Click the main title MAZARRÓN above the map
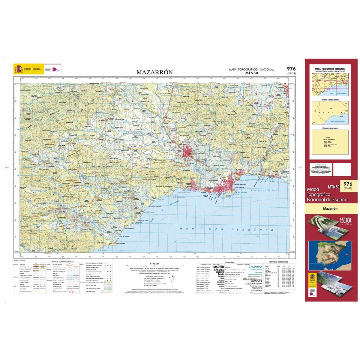tap(154, 72)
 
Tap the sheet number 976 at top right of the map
tap(291, 69)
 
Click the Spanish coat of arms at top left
tap(18, 70)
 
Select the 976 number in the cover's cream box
tap(348, 184)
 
